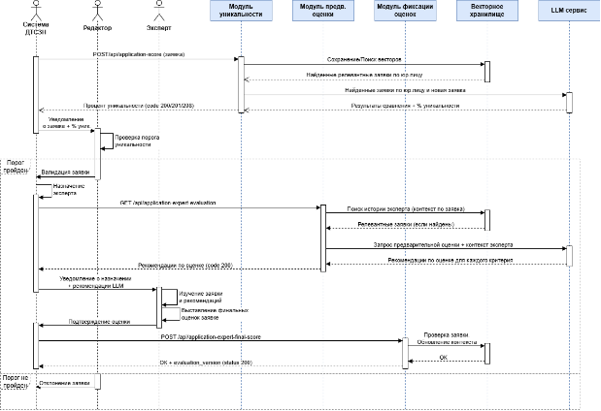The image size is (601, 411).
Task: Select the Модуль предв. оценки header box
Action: point(322,12)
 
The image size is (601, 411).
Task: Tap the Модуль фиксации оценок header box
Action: point(404,12)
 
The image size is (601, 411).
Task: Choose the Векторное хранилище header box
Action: point(485,12)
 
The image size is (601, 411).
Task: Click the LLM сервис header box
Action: point(569,12)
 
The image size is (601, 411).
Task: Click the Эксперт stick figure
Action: point(160,13)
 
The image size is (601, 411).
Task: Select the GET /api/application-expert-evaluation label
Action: point(168,203)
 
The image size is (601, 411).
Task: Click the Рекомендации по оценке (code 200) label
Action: point(184,265)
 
